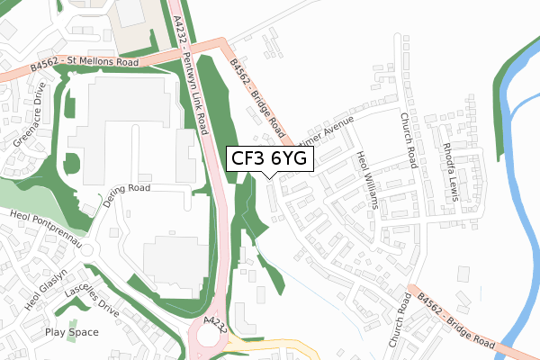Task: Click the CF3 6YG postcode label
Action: click(x=269, y=158)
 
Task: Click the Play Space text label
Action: click(x=72, y=332)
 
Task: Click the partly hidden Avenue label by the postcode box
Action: click(x=334, y=130)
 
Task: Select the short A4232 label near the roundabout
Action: click(x=215, y=322)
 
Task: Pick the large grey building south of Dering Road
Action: click(x=170, y=261)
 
